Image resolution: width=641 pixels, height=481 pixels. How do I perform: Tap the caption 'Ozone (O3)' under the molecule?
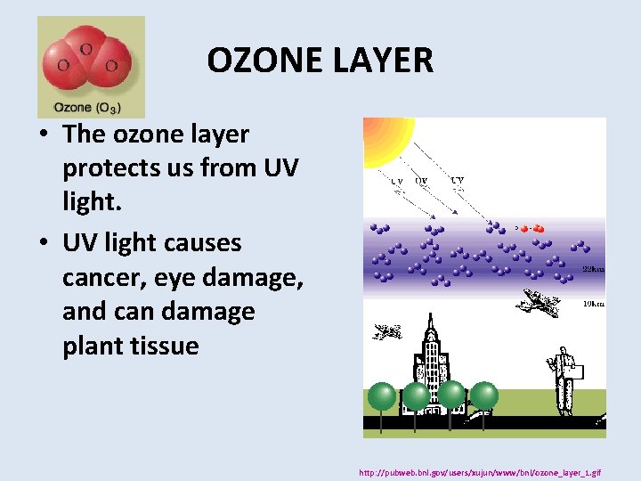coord(87,108)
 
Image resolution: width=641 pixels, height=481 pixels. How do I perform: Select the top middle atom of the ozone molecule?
coord(87,49)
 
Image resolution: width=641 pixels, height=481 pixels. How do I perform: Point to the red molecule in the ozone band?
coord(532,228)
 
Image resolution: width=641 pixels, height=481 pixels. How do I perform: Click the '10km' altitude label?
coord(593,304)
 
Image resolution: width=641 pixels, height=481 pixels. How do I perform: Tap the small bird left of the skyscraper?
coord(386,332)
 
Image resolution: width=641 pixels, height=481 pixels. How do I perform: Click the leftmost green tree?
coord(382,396)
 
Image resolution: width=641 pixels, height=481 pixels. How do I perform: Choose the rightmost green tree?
coord(483,396)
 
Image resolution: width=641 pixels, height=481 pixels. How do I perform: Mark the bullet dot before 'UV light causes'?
coord(42,243)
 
